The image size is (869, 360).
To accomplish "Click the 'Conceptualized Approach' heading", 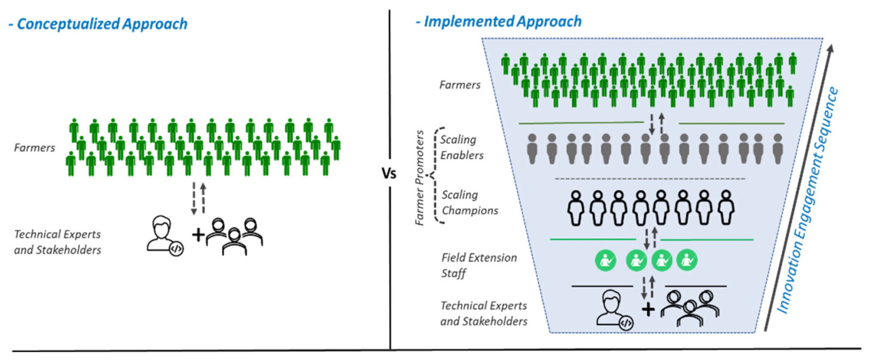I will tap(98, 24).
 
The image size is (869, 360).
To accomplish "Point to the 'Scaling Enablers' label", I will tap(459, 147).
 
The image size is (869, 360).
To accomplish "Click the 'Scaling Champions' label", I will tap(469, 202).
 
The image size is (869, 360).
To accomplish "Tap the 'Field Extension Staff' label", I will tap(469, 264).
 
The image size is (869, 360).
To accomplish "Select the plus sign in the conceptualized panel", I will tap(198, 235).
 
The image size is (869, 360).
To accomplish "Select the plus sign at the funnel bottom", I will tap(648, 310).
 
